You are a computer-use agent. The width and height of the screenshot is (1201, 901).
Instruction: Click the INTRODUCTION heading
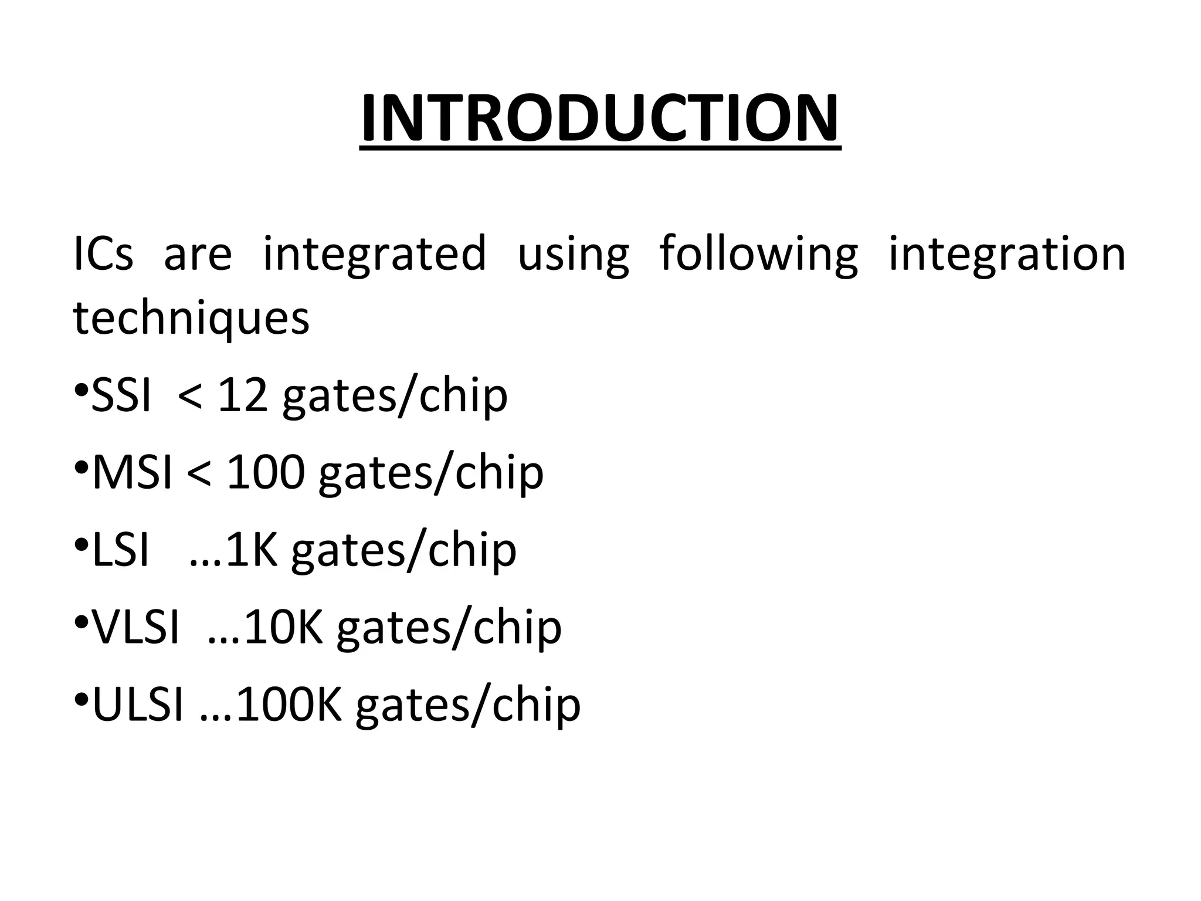click(x=600, y=119)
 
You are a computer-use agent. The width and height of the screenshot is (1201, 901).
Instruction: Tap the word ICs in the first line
click(x=103, y=254)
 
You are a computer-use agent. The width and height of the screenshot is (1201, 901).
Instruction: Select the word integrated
click(x=374, y=254)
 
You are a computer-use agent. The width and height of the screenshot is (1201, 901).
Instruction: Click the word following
click(x=758, y=254)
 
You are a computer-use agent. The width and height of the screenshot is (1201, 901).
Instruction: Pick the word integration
click(x=1007, y=254)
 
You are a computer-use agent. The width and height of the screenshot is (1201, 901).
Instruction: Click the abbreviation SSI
click(x=121, y=397)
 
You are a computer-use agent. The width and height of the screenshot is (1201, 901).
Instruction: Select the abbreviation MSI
click(x=133, y=473)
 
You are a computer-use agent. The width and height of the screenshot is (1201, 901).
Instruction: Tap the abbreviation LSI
click(x=121, y=551)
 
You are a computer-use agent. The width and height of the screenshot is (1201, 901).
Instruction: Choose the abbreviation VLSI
click(x=136, y=628)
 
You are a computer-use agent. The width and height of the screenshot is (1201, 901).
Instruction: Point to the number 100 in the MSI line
click(x=266, y=473)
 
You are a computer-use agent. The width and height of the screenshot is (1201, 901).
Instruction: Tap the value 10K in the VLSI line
click(x=284, y=628)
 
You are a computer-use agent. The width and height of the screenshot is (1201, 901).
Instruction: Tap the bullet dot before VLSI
click(x=81, y=621)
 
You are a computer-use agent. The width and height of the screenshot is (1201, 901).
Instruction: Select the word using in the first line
click(x=573, y=254)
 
